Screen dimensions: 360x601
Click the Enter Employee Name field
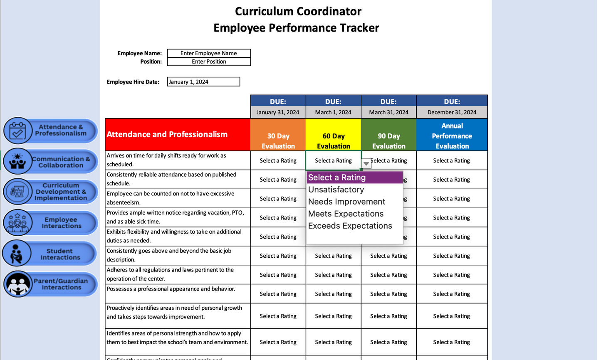(x=209, y=53)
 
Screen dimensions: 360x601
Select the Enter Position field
(x=209, y=62)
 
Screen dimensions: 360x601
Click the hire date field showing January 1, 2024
(x=203, y=82)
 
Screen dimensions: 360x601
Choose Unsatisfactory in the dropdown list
(x=336, y=190)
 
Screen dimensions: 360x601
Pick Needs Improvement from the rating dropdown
(x=346, y=202)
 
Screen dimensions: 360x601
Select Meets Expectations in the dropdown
(x=346, y=214)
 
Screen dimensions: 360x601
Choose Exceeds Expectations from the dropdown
(x=350, y=226)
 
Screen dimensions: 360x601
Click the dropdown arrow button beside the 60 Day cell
(x=366, y=164)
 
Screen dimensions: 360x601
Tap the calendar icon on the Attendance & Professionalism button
(x=18, y=131)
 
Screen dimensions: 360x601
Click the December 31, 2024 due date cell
(x=452, y=112)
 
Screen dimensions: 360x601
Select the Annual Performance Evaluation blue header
(x=452, y=135)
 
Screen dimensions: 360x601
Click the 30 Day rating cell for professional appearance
(x=278, y=294)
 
